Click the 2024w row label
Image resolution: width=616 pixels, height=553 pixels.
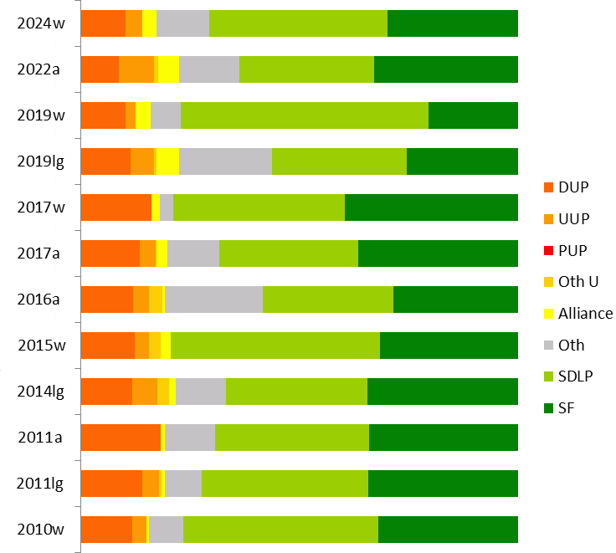pos(41,23)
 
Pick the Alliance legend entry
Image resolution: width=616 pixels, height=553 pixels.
pos(585,314)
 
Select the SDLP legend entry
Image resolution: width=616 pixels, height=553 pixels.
pos(576,376)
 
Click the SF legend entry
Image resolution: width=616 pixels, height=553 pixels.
pos(567,408)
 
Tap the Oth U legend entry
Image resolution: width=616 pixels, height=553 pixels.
pos(578,282)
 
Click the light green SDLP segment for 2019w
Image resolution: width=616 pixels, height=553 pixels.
pos(305,115)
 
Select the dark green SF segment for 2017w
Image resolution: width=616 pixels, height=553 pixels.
pos(431,207)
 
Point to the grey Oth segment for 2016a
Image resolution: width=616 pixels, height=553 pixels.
pos(213,300)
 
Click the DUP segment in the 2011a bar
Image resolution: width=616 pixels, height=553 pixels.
pos(121,438)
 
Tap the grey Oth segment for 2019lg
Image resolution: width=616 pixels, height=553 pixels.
pos(225,161)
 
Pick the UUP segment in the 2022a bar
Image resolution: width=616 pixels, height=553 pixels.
pos(136,69)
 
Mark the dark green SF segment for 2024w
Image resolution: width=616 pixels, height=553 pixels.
pos(453,23)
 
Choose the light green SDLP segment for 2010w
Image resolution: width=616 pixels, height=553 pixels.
pos(280,530)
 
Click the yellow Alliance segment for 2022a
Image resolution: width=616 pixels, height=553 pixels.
pos(168,69)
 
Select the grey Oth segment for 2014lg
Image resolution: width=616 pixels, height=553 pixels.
pos(200,392)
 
